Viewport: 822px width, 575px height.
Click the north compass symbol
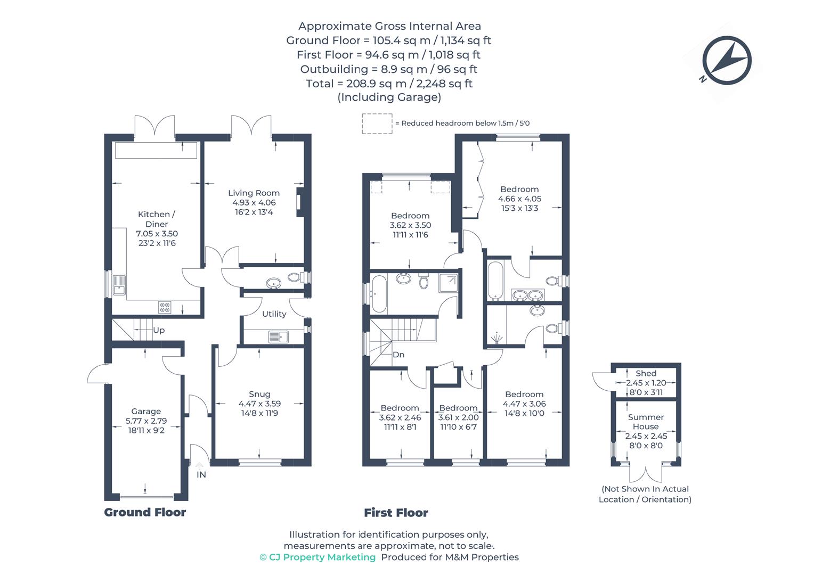[726, 60]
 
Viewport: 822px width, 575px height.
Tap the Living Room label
[254, 193]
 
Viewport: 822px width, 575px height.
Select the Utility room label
[274, 314]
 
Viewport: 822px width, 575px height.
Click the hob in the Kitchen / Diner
[165, 307]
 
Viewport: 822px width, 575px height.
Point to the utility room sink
[278, 336]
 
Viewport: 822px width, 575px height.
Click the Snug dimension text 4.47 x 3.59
[259, 404]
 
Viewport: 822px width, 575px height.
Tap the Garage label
[146, 412]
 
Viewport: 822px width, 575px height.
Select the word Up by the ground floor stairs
[159, 330]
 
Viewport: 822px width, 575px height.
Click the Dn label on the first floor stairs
[398, 355]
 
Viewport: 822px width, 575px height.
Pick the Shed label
[646, 374]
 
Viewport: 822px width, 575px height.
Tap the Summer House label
[646, 422]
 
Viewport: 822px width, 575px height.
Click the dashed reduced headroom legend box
[377, 124]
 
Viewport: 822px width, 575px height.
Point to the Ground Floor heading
[145, 512]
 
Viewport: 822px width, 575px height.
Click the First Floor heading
[396, 513]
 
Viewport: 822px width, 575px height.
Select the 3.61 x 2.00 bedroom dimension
[458, 418]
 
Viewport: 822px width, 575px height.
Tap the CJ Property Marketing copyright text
[318, 557]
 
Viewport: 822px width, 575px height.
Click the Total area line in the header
[389, 84]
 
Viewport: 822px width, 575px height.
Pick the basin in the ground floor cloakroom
[274, 283]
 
